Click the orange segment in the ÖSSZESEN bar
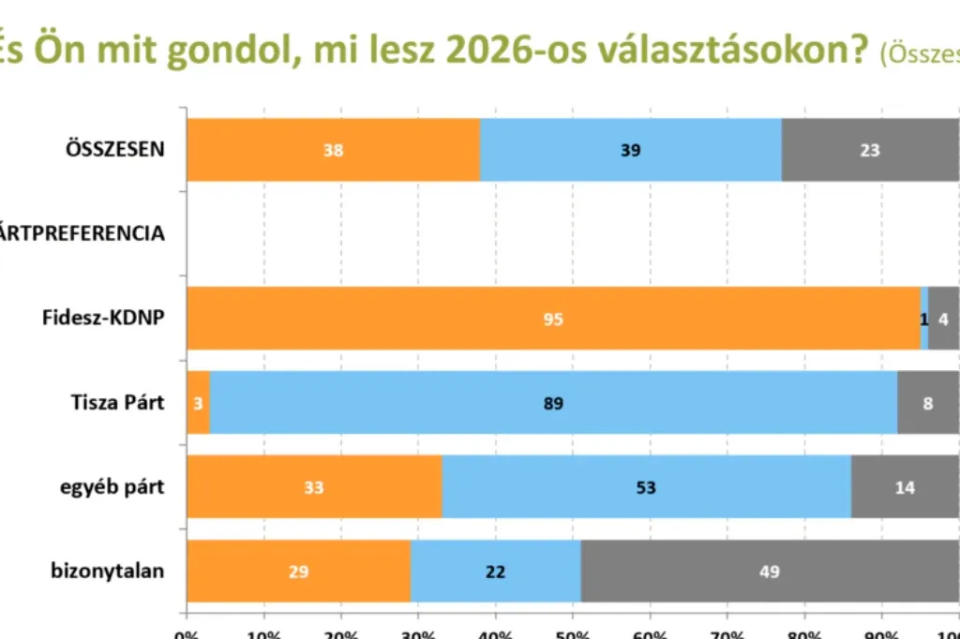[x=333, y=150]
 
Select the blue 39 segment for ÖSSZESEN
[x=630, y=150]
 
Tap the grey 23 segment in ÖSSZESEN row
[x=870, y=150]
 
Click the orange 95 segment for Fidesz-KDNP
[x=553, y=319]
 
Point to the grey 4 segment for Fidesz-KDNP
[x=943, y=319]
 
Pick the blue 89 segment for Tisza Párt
[x=553, y=403]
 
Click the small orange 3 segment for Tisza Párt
[x=198, y=403]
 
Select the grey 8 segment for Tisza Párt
[x=928, y=403]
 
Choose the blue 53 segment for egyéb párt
[x=646, y=487]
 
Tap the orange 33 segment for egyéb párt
[x=314, y=487]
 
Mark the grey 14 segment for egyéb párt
[x=905, y=487]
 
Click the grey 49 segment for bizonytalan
[x=770, y=572]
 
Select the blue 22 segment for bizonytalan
[x=496, y=572]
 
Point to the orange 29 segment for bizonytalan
[x=298, y=572]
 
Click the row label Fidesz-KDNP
[x=103, y=318]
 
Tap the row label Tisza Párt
[x=118, y=403]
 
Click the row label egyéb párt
[x=114, y=488]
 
